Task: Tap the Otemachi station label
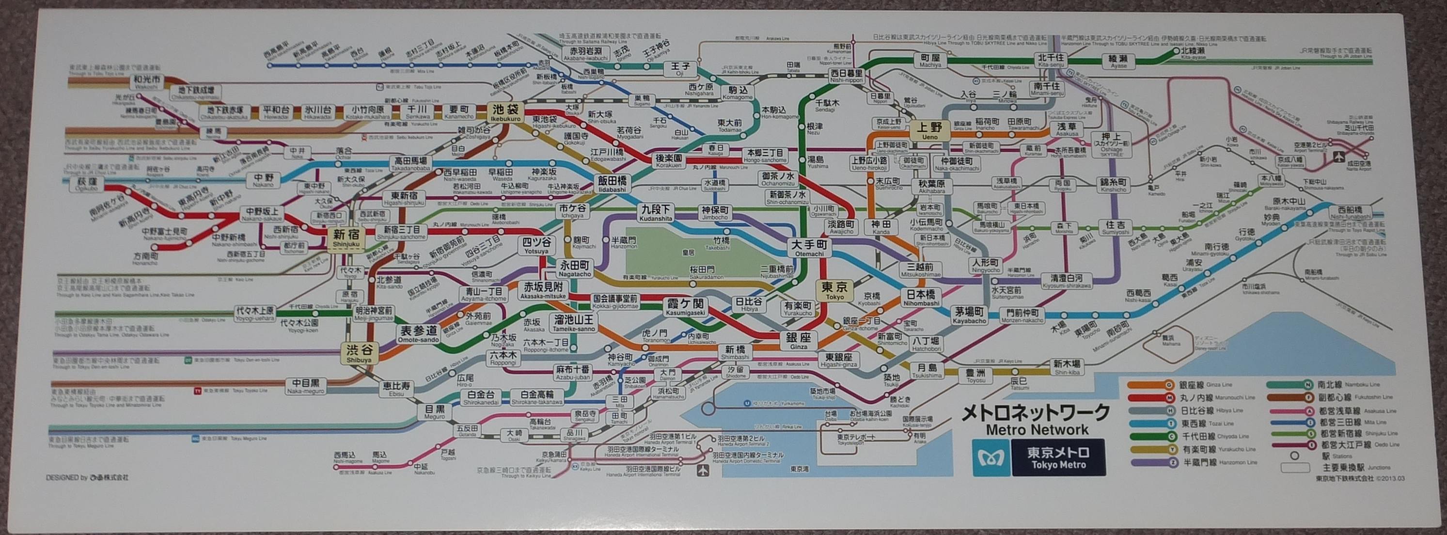pyautogui.click(x=809, y=247)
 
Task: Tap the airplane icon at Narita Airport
pyautogui.click(x=1349, y=156)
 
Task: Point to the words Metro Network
pyautogui.click(x=1037, y=430)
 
